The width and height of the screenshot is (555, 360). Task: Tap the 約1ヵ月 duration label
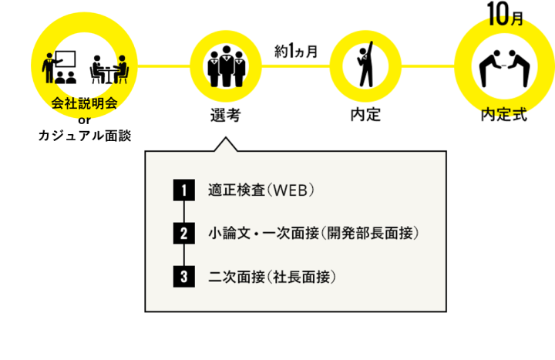coord(296,52)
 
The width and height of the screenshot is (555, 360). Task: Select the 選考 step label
coord(225,116)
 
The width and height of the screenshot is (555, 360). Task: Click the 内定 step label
coord(365,116)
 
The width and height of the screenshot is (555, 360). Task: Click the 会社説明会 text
coord(84,103)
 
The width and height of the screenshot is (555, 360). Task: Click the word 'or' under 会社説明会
coord(85,119)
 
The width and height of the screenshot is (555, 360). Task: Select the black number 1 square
coord(184,189)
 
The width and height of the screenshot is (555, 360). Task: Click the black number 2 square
coord(184,232)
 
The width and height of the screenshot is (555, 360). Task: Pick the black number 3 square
coord(184,276)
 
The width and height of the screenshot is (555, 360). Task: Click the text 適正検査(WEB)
coord(262,190)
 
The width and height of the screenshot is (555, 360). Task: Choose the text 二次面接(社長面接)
coord(273,276)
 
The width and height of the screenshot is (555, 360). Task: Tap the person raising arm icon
coord(365,66)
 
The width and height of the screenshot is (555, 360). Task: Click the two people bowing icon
coord(504,66)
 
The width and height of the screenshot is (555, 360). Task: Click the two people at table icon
coord(109,69)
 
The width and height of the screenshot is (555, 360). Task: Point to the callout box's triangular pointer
coord(225,145)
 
